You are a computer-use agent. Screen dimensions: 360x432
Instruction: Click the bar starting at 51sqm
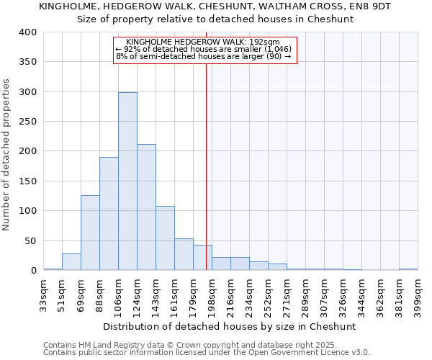pos(71,262)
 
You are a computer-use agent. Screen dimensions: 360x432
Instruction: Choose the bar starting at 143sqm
pos(165,238)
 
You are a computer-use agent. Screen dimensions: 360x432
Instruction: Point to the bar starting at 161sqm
pos(184,254)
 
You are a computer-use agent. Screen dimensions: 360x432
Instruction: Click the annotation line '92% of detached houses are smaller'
pos(204,49)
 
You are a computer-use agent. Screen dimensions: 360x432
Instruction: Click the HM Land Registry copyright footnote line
pos(206,345)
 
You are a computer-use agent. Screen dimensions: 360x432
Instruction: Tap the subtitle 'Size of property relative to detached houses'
pos(215,19)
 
